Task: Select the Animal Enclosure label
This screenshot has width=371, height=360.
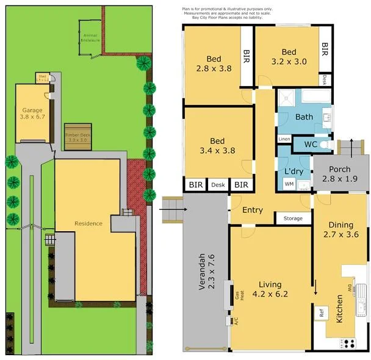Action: point(90,38)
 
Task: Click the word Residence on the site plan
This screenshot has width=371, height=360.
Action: point(88,223)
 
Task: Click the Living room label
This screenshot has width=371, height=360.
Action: point(271,288)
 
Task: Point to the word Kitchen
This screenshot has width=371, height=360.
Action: point(339,309)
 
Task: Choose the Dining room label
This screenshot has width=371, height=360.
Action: point(341,229)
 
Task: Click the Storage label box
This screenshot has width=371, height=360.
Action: point(293,218)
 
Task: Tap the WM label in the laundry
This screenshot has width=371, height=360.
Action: point(289,184)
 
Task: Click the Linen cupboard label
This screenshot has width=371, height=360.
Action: point(284,139)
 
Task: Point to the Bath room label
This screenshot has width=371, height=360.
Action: point(304,117)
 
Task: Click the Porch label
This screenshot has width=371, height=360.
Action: point(340,173)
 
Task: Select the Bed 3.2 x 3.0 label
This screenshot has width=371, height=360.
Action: point(289,57)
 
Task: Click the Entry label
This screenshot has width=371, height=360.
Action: point(252,210)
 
